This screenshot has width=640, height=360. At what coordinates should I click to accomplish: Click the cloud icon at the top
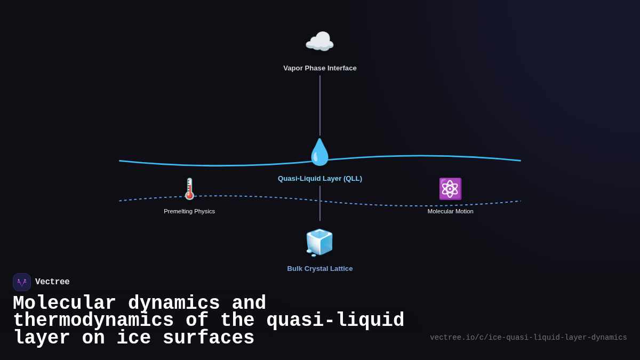tap(319, 42)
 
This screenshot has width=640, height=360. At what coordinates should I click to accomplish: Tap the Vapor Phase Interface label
tap(320, 68)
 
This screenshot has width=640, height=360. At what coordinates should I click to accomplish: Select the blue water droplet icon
tap(319, 152)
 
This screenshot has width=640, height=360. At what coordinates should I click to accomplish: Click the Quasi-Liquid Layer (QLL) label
tap(320, 179)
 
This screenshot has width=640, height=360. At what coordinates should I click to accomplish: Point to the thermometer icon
tap(189, 189)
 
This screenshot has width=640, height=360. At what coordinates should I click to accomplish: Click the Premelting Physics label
tap(189, 211)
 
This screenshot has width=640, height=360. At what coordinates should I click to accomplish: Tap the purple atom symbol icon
tap(450, 189)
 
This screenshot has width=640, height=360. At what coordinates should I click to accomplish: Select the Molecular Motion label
tap(450, 211)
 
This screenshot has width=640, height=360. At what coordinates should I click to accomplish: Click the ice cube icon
tap(319, 242)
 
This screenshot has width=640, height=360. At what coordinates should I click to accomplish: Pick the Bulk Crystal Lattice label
tap(320, 269)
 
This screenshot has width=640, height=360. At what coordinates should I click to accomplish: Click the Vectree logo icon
tap(22, 282)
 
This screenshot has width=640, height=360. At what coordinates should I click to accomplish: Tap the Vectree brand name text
tap(52, 282)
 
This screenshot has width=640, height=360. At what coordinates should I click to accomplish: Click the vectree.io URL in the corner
tap(528, 338)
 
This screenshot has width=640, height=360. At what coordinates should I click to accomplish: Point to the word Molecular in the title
tap(64, 303)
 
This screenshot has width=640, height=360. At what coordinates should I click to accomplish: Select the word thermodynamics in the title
tap(93, 321)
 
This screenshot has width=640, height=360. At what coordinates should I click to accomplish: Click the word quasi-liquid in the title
tap(335, 321)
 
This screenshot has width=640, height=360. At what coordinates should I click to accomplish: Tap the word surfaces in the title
tap(208, 338)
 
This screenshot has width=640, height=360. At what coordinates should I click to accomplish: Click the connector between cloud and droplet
tap(320, 105)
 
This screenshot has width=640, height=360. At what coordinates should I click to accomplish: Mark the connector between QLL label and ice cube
tap(320, 203)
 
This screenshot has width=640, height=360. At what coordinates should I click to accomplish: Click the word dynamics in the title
tap(174, 303)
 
